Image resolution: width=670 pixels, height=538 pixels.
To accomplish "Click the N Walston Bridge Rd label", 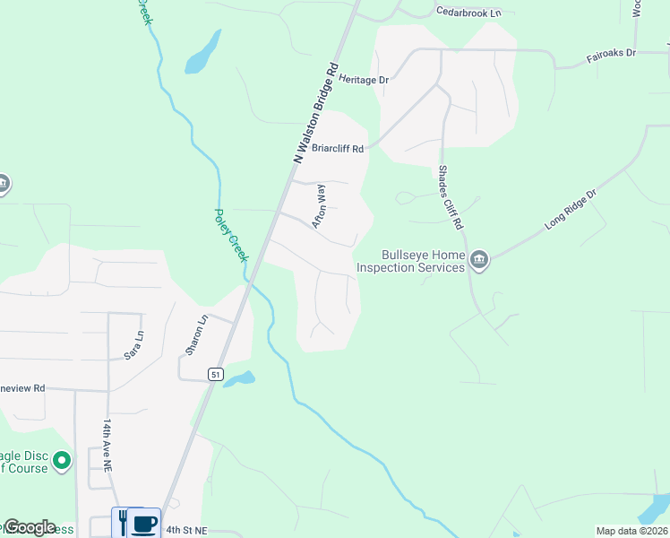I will [316, 113].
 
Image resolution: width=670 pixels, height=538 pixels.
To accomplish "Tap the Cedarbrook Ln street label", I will [468, 13].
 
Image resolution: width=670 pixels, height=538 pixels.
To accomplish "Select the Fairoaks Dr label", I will [610, 54].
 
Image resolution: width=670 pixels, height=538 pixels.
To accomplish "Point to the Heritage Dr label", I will [365, 80].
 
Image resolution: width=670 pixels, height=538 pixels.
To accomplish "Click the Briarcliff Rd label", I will [337, 149].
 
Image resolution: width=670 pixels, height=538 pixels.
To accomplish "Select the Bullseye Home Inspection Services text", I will [411, 261].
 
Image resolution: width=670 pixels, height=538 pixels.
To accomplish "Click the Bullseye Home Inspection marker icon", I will [480, 261].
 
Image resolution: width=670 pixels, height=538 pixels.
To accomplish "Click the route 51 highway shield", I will [216, 374].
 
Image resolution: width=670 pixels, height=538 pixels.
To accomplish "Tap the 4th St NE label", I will [185, 530].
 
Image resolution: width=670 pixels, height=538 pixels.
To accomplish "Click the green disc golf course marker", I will [62, 462].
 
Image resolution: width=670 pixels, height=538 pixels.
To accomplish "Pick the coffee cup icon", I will [143, 523].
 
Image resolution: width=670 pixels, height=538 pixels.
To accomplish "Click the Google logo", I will [30, 527].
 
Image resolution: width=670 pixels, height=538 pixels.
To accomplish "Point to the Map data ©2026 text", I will [631, 531].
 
